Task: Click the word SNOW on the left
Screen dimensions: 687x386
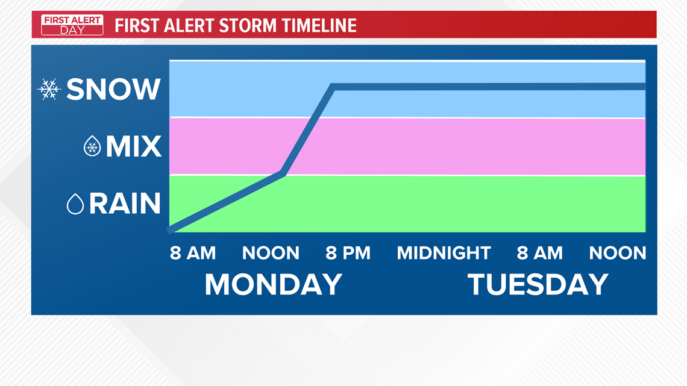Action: tap(113, 89)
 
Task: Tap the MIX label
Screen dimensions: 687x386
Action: tap(134, 146)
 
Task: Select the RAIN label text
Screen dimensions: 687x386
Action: tap(125, 204)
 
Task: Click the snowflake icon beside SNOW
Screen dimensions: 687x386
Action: tap(49, 89)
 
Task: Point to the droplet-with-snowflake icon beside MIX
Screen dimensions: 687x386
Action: tap(92, 146)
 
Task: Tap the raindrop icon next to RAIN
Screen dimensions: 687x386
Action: tap(75, 204)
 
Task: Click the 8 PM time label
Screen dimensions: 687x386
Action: tap(348, 253)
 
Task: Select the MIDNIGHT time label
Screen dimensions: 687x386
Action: tap(444, 253)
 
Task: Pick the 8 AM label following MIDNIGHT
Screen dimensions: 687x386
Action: tap(540, 253)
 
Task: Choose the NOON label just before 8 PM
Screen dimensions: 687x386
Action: tap(271, 253)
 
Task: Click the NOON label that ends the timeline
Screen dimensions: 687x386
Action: tap(618, 253)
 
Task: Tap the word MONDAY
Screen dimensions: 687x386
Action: tap(274, 284)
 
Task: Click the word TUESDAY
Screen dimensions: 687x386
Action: tap(538, 284)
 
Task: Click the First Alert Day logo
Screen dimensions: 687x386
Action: tap(72, 25)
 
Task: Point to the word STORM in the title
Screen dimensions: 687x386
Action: tap(248, 25)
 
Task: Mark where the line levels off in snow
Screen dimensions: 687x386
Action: tap(333, 87)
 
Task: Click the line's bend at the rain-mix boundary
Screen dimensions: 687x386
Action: tap(283, 173)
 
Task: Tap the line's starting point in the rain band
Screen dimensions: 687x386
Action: tap(170, 230)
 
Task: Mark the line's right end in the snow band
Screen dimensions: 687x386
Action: tap(645, 87)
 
